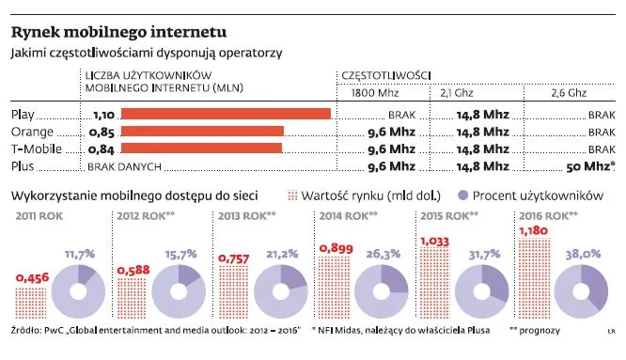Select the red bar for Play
coord(226,115)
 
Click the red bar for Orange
coord(202,132)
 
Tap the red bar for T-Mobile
coord(201,149)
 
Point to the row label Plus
coord(25,165)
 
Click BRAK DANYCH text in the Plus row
coord(119,165)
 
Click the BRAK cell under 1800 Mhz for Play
coord(401,115)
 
